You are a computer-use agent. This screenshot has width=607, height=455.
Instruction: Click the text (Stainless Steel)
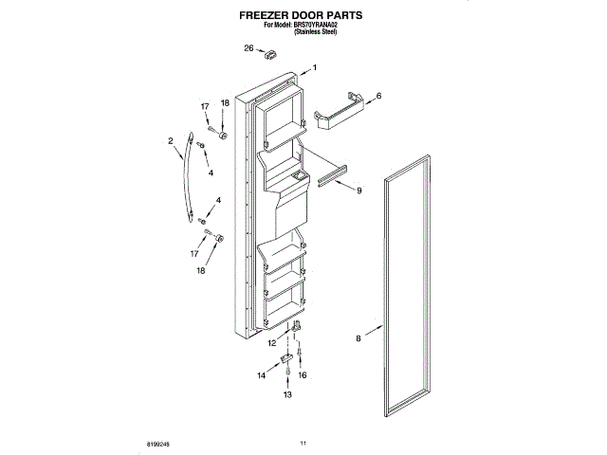pos(316,33)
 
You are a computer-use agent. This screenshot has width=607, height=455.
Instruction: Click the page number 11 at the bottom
pos(303,443)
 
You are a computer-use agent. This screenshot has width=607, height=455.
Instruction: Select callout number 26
pos(249,48)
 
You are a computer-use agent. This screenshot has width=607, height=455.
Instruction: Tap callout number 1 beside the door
pos(315,67)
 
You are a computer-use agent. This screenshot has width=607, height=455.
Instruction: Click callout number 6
pos(377,96)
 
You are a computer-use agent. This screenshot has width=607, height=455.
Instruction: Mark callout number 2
pos(171,141)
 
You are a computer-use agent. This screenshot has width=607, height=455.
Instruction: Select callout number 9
pos(359,191)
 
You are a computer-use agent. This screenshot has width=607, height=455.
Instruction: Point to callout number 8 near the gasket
pos(359,337)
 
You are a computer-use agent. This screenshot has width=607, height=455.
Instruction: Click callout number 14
pos(262,375)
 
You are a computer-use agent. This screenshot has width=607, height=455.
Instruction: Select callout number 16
pos(303,375)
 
